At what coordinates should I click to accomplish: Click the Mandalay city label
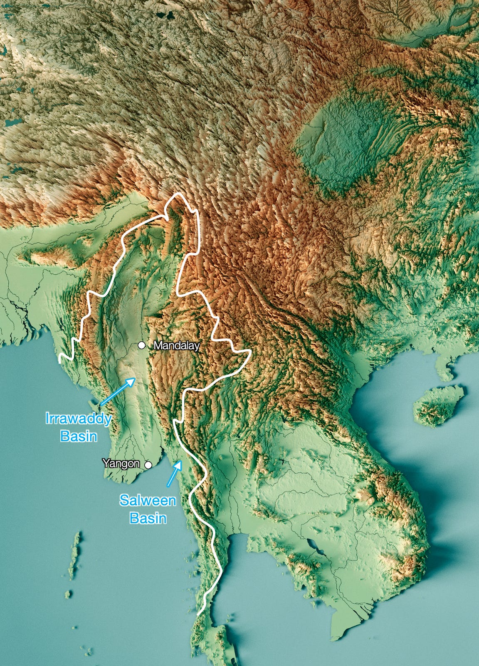176,345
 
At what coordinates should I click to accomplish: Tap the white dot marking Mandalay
142,345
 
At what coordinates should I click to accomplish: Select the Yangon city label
121,463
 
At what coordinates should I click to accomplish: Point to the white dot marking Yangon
148,465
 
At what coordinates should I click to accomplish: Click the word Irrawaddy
79,418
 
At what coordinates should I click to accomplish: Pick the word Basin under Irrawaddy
79,436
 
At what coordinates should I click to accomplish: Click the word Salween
148,500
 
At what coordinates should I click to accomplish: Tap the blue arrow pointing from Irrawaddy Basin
118,391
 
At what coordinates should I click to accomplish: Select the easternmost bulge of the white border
250,353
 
